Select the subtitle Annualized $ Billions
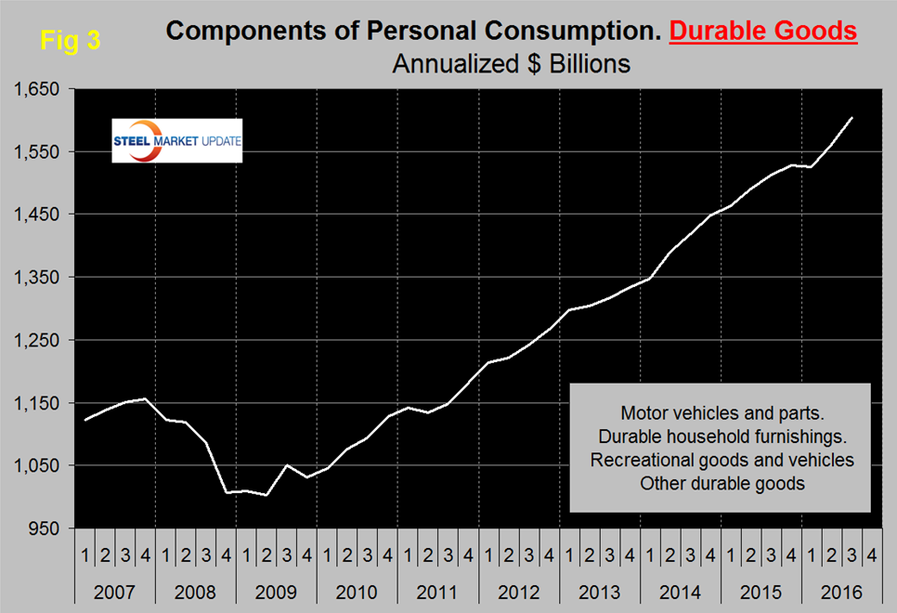point(512,64)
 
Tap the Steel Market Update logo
point(176,141)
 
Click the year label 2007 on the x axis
point(113,591)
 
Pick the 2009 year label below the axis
point(275,591)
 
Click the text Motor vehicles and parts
point(721,411)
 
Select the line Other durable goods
point(721,484)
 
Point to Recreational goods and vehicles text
point(721,460)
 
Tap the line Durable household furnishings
point(721,436)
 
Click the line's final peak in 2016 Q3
point(851,118)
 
